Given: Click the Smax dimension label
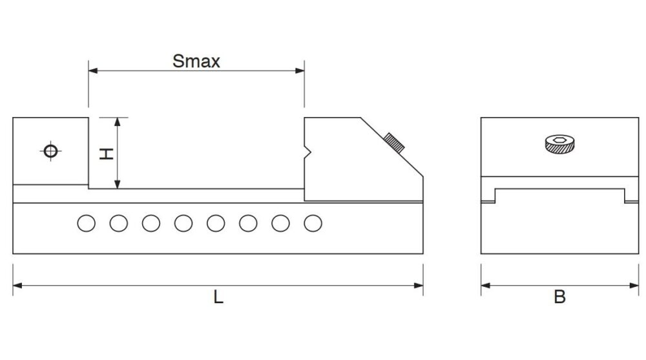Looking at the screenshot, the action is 196,61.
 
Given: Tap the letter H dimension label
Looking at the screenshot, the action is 107,154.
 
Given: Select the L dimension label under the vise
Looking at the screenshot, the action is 218,297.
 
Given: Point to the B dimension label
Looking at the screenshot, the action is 559,297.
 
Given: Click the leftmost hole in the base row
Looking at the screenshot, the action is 86,223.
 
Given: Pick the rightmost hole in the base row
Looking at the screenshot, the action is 313,223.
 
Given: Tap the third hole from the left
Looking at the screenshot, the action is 151,223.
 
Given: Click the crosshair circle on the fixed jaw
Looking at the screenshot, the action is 50,151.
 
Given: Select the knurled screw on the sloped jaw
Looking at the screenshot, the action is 394,143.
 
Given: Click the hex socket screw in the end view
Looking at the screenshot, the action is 559,144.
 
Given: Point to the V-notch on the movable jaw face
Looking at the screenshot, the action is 307,152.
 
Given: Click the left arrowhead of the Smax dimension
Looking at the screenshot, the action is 93,70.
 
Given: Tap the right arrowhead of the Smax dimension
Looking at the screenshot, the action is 300,70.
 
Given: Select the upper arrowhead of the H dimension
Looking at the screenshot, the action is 118,122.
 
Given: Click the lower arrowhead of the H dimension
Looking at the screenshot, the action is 118,184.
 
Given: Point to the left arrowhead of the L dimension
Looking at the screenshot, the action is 17,286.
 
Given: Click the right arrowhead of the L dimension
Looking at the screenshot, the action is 418,286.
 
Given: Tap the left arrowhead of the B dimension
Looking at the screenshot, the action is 486,286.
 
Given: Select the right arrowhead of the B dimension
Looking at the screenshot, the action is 634,286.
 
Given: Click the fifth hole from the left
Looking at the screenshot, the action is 216,223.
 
